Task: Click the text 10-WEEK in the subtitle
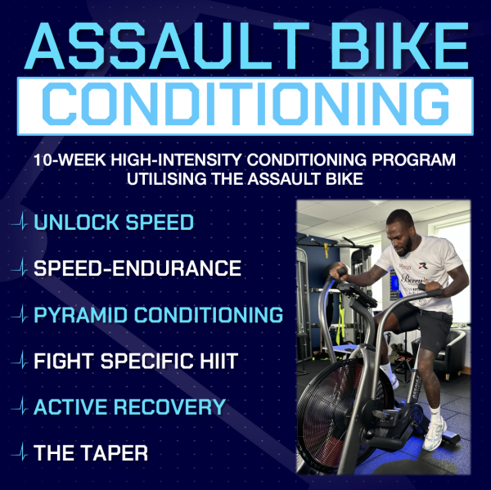[70, 160]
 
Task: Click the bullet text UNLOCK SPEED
[114, 223]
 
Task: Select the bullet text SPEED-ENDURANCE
[137, 268]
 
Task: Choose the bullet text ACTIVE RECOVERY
[129, 407]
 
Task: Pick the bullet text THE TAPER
[91, 452]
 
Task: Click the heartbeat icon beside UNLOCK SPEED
[20, 222]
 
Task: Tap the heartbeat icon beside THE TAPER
[20, 452]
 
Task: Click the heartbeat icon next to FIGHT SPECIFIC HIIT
[20, 360]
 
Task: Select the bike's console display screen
[359, 293]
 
